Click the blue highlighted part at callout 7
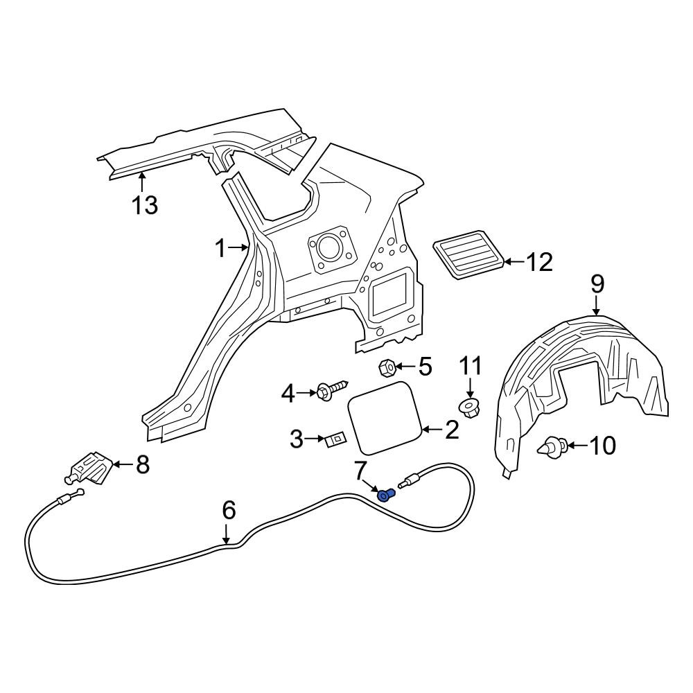click(x=386, y=495)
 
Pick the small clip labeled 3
click(x=336, y=440)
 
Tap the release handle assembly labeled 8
click(x=89, y=470)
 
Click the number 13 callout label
click(x=145, y=205)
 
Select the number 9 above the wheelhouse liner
click(x=597, y=284)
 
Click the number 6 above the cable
click(x=229, y=511)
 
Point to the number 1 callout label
click(x=220, y=249)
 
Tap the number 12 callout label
click(x=538, y=262)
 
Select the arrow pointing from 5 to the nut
click(x=403, y=367)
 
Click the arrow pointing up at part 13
click(x=142, y=182)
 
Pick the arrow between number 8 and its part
click(x=124, y=464)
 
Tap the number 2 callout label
click(x=452, y=430)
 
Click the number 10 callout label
click(x=603, y=446)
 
